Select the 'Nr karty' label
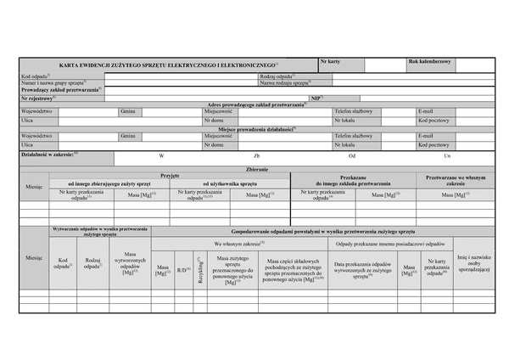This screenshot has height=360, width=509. click(x=331, y=62)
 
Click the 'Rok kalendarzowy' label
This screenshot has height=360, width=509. click(x=430, y=62)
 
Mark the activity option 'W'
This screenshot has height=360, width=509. click(x=161, y=156)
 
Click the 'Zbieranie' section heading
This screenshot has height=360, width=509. click(x=256, y=170)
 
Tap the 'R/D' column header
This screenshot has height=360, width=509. click(x=182, y=271)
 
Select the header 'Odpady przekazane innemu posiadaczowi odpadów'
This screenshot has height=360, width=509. click(x=389, y=244)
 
